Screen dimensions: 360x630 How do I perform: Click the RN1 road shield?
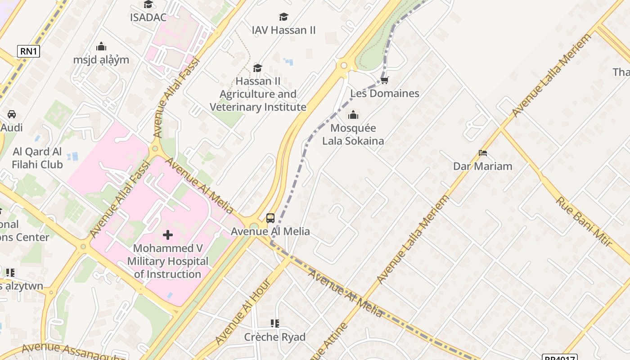(28, 51)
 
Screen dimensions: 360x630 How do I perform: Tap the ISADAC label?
(148, 18)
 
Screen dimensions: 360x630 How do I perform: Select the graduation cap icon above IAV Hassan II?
(283, 17)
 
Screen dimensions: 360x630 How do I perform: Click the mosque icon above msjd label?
(101, 46)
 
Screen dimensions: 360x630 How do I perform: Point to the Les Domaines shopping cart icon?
(384, 81)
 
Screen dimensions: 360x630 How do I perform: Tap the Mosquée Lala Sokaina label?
(353, 135)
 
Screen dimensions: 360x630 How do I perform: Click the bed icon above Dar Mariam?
(483, 153)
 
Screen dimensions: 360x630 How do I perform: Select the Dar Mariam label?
(482, 166)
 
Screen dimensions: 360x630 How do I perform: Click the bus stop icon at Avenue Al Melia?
(270, 218)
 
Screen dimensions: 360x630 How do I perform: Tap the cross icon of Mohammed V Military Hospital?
(168, 234)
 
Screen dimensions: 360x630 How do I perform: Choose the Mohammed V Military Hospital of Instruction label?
(168, 261)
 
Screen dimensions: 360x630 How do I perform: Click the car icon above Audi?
(12, 114)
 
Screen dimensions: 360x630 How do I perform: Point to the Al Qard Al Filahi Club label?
(38, 158)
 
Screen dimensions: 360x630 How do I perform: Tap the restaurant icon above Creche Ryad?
(274, 324)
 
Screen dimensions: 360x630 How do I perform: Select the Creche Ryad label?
(274, 337)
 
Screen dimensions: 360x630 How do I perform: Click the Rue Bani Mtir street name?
(584, 222)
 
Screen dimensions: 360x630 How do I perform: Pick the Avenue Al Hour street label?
(243, 311)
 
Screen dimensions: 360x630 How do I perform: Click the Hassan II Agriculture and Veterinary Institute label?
(258, 94)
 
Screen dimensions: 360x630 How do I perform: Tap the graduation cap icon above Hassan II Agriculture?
(257, 68)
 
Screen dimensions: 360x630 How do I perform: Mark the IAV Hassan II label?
(283, 30)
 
